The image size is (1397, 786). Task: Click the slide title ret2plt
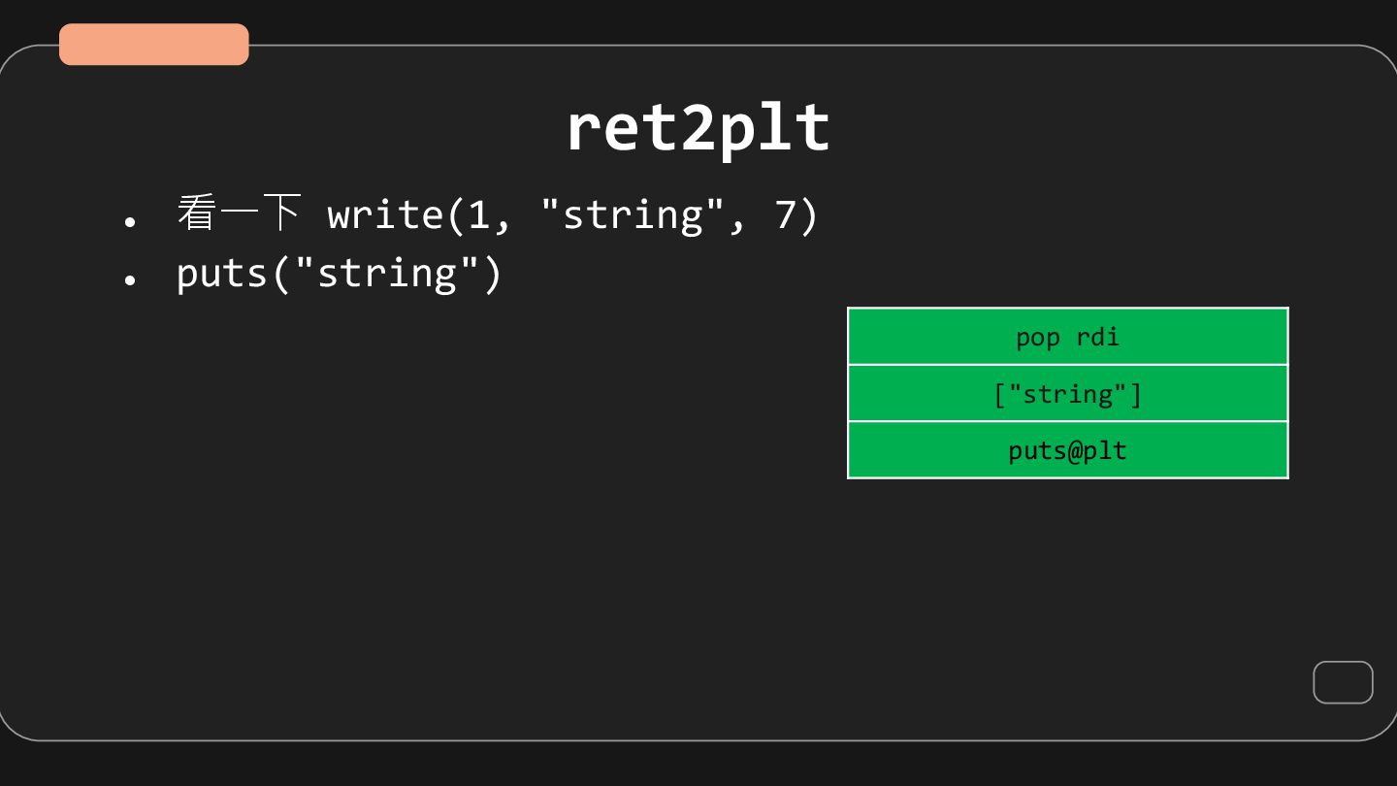[698, 128]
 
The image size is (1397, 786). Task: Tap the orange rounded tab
[154, 45]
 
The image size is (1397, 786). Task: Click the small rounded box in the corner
[1343, 682]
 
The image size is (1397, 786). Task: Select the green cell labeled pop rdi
[1067, 337]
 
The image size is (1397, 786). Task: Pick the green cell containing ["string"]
[1067, 394]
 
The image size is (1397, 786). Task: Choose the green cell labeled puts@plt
[1067, 451]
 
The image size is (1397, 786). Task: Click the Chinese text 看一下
[239, 213]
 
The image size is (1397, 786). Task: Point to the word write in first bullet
[384, 214]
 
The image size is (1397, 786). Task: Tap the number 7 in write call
[785, 214]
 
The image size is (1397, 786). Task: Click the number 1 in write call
[479, 214]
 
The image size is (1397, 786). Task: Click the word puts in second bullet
[222, 273]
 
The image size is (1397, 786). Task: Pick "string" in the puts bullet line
[385, 273]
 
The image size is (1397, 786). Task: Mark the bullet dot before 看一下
[130, 221]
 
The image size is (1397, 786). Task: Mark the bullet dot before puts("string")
[130, 279]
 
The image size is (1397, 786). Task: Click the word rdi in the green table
[1097, 337]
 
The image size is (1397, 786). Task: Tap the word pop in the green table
[1037, 338]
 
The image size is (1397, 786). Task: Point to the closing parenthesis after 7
[809, 214]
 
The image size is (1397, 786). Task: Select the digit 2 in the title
[698, 128]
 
